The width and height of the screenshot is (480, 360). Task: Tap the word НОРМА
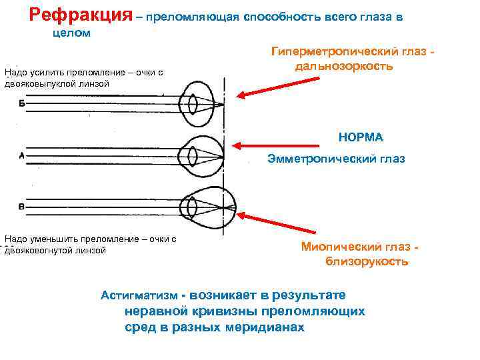[361, 137]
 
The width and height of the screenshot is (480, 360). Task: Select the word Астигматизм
[139, 295]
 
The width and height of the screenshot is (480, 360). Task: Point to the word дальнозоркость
[342, 67]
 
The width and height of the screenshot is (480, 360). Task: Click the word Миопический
[339, 247]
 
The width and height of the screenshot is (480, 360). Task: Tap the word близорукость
[367, 262]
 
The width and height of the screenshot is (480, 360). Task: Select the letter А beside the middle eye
[22, 157]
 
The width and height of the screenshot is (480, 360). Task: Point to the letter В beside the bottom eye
[22, 207]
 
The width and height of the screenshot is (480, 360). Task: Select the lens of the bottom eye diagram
[193, 209]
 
